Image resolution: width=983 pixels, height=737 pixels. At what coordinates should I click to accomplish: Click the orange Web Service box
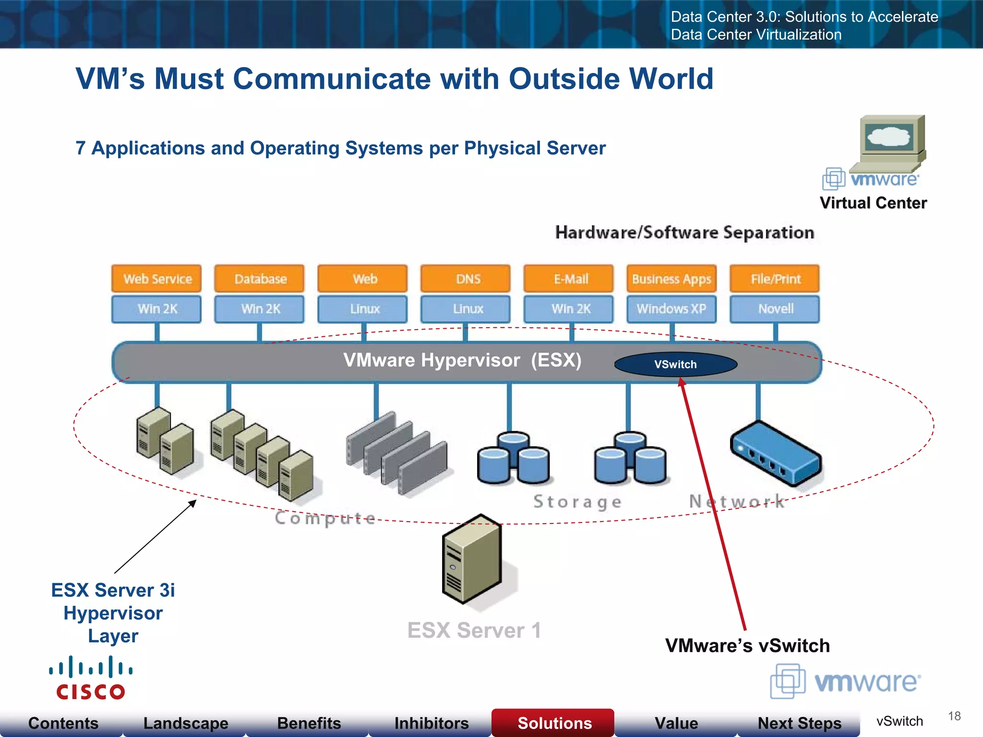click(x=156, y=279)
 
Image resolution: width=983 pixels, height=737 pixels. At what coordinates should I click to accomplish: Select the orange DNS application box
click(x=465, y=279)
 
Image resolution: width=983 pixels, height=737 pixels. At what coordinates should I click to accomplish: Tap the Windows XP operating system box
click(x=671, y=309)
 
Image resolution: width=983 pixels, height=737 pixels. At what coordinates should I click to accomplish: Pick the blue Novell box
click(x=775, y=309)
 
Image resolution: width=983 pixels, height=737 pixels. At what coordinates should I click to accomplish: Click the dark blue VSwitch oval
click(x=675, y=364)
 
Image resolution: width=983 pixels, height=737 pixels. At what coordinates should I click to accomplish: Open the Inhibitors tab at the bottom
click(x=431, y=723)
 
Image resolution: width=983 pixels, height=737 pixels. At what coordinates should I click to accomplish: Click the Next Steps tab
click(x=799, y=723)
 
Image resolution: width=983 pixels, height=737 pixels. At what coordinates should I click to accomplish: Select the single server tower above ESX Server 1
click(x=472, y=559)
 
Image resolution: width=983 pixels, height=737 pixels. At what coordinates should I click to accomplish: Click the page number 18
click(x=954, y=716)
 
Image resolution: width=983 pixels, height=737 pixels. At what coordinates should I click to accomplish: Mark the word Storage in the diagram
click(x=577, y=502)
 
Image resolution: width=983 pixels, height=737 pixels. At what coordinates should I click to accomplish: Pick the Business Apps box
click(x=671, y=279)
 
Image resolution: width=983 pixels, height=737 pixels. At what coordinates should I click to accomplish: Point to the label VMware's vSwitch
click(x=747, y=646)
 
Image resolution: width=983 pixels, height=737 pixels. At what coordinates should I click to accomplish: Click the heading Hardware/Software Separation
click(x=684, y=233)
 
